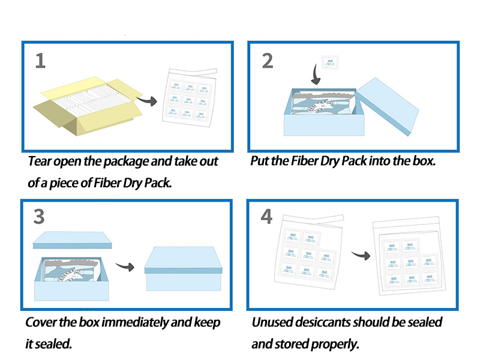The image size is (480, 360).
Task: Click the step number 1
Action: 40,60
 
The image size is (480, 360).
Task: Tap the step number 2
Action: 268,60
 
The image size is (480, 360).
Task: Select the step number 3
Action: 40,216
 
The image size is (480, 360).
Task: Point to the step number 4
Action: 268,217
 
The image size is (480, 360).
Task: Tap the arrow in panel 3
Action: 124,268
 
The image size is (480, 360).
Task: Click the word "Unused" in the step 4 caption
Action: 272,322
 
